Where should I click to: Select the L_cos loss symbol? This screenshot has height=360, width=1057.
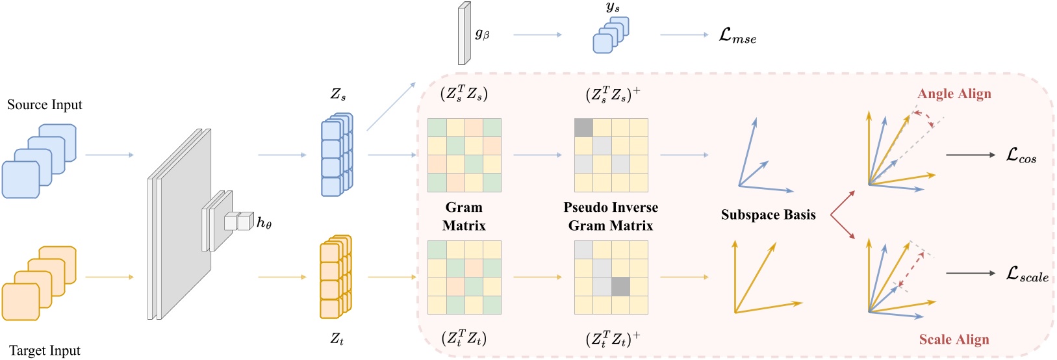(x=1021, y=155)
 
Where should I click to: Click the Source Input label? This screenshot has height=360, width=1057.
(x=45, y=105)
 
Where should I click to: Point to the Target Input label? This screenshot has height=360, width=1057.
(x=45, y=350)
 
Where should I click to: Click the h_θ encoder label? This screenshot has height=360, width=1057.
(x=264, y=223)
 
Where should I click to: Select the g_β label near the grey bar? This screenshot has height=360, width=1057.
(x=482, y=34)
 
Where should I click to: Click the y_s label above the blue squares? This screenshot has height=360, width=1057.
(x=613, y=8)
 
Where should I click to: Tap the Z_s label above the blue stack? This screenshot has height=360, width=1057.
(x=338, y=94)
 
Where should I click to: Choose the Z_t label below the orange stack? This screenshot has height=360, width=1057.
(x=337, y=339)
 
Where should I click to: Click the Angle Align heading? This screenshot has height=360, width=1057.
(x=954, y=94)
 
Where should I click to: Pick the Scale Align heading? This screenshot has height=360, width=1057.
(x=954, y=339)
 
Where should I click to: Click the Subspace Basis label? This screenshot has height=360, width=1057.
(x=768, y=215)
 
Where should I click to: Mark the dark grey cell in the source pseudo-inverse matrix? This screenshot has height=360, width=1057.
(x=584, y=128)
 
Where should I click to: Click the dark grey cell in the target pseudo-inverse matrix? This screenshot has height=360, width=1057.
(x=620, y=287)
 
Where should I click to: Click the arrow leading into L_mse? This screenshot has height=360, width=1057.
(x=684, y=34)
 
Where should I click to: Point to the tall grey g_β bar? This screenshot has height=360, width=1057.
(x=463, y=34)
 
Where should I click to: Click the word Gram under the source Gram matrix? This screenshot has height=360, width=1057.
(x=464, y=207)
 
